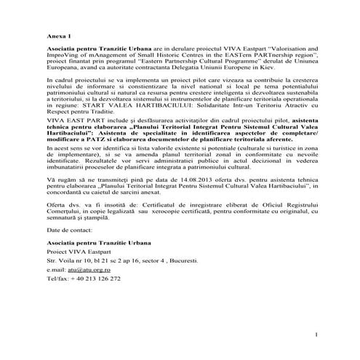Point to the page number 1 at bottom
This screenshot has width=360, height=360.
point(318,334)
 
